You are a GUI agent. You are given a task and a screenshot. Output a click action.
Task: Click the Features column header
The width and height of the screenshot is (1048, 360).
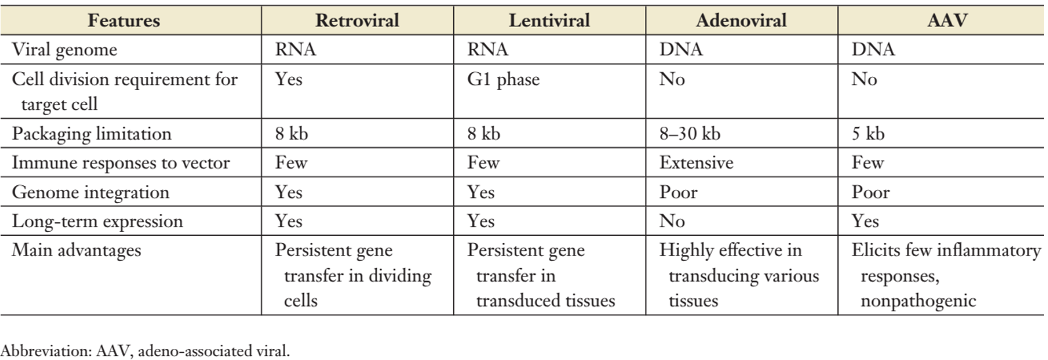coord(124,20)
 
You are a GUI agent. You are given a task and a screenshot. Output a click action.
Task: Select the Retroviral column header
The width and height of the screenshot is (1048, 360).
coord(357,20)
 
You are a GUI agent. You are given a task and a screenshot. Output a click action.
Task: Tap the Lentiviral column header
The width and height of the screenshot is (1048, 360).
coord(549,20)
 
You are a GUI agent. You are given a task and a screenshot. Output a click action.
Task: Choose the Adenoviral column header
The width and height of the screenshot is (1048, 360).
coord(741,20)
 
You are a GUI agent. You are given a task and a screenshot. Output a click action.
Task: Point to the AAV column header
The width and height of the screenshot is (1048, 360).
coord(947,20)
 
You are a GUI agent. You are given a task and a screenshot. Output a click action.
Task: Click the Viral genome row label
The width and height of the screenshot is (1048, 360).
coord(64,50)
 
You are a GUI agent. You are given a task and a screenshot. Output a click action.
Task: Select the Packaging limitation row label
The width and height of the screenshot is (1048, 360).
coord(92,135)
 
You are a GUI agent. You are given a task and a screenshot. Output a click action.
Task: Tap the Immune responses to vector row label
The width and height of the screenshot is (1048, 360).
coord(121,163)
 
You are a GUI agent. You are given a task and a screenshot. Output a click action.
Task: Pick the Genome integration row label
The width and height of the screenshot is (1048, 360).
coord(91,193)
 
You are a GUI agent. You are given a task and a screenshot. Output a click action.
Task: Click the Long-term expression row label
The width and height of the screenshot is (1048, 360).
coord(97,221)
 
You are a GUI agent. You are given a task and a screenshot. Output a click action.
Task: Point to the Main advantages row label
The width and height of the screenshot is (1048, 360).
coord(76,250)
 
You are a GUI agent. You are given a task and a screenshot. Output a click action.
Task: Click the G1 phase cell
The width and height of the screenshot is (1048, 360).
coord(504,79)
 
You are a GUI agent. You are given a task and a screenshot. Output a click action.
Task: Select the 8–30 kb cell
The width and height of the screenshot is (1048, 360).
coord(689,134)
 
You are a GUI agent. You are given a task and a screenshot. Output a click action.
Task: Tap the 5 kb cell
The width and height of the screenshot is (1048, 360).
coord(868,134)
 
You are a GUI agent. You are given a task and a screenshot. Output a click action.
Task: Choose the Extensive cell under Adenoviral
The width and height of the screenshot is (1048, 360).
coord(696,163)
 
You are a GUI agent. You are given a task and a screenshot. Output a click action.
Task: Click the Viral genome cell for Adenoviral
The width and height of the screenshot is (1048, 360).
coord(681,50)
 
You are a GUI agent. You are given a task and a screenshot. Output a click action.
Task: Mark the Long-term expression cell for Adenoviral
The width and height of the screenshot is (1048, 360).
coord(672,221)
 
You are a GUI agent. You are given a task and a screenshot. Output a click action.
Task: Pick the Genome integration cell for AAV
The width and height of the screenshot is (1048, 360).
coord(870,192)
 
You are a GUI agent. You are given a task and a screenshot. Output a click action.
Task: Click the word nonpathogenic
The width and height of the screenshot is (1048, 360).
coord(919,301)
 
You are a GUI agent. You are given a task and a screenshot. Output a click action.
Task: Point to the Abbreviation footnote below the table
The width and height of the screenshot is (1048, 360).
coord(145,351)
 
